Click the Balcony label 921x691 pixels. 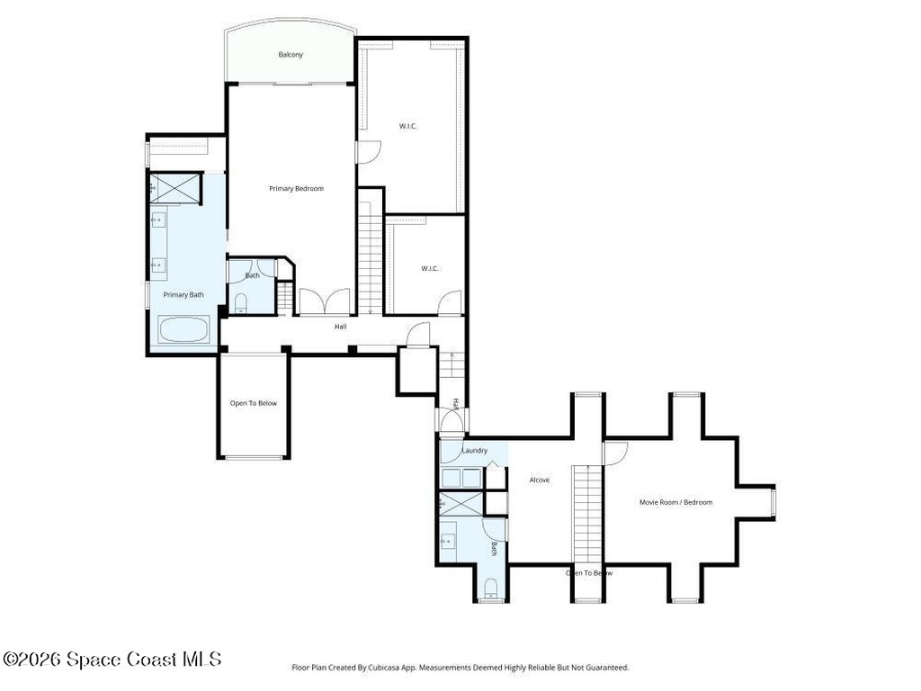(x=290, y=55)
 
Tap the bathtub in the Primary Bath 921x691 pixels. (x=183, y=329)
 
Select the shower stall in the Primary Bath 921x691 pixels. (x=175, y=188)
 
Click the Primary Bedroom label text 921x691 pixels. (x=296, y=189)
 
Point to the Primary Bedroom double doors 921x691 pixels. (x=323, y=302)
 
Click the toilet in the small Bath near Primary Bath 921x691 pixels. (x=240, y=303)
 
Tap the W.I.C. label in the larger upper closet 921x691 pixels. (x=408, y=126)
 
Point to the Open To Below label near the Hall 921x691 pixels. (x=253, y=403)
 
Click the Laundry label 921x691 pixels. (x=474, y=451)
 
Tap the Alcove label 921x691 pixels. (x=540, y=480)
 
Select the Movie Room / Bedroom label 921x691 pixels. (x=675, y=502)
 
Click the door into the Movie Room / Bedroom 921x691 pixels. (x=615, y=453)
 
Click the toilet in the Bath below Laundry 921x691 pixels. (x=491, y=588)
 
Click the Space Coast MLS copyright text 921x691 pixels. (x=112, y=660)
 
